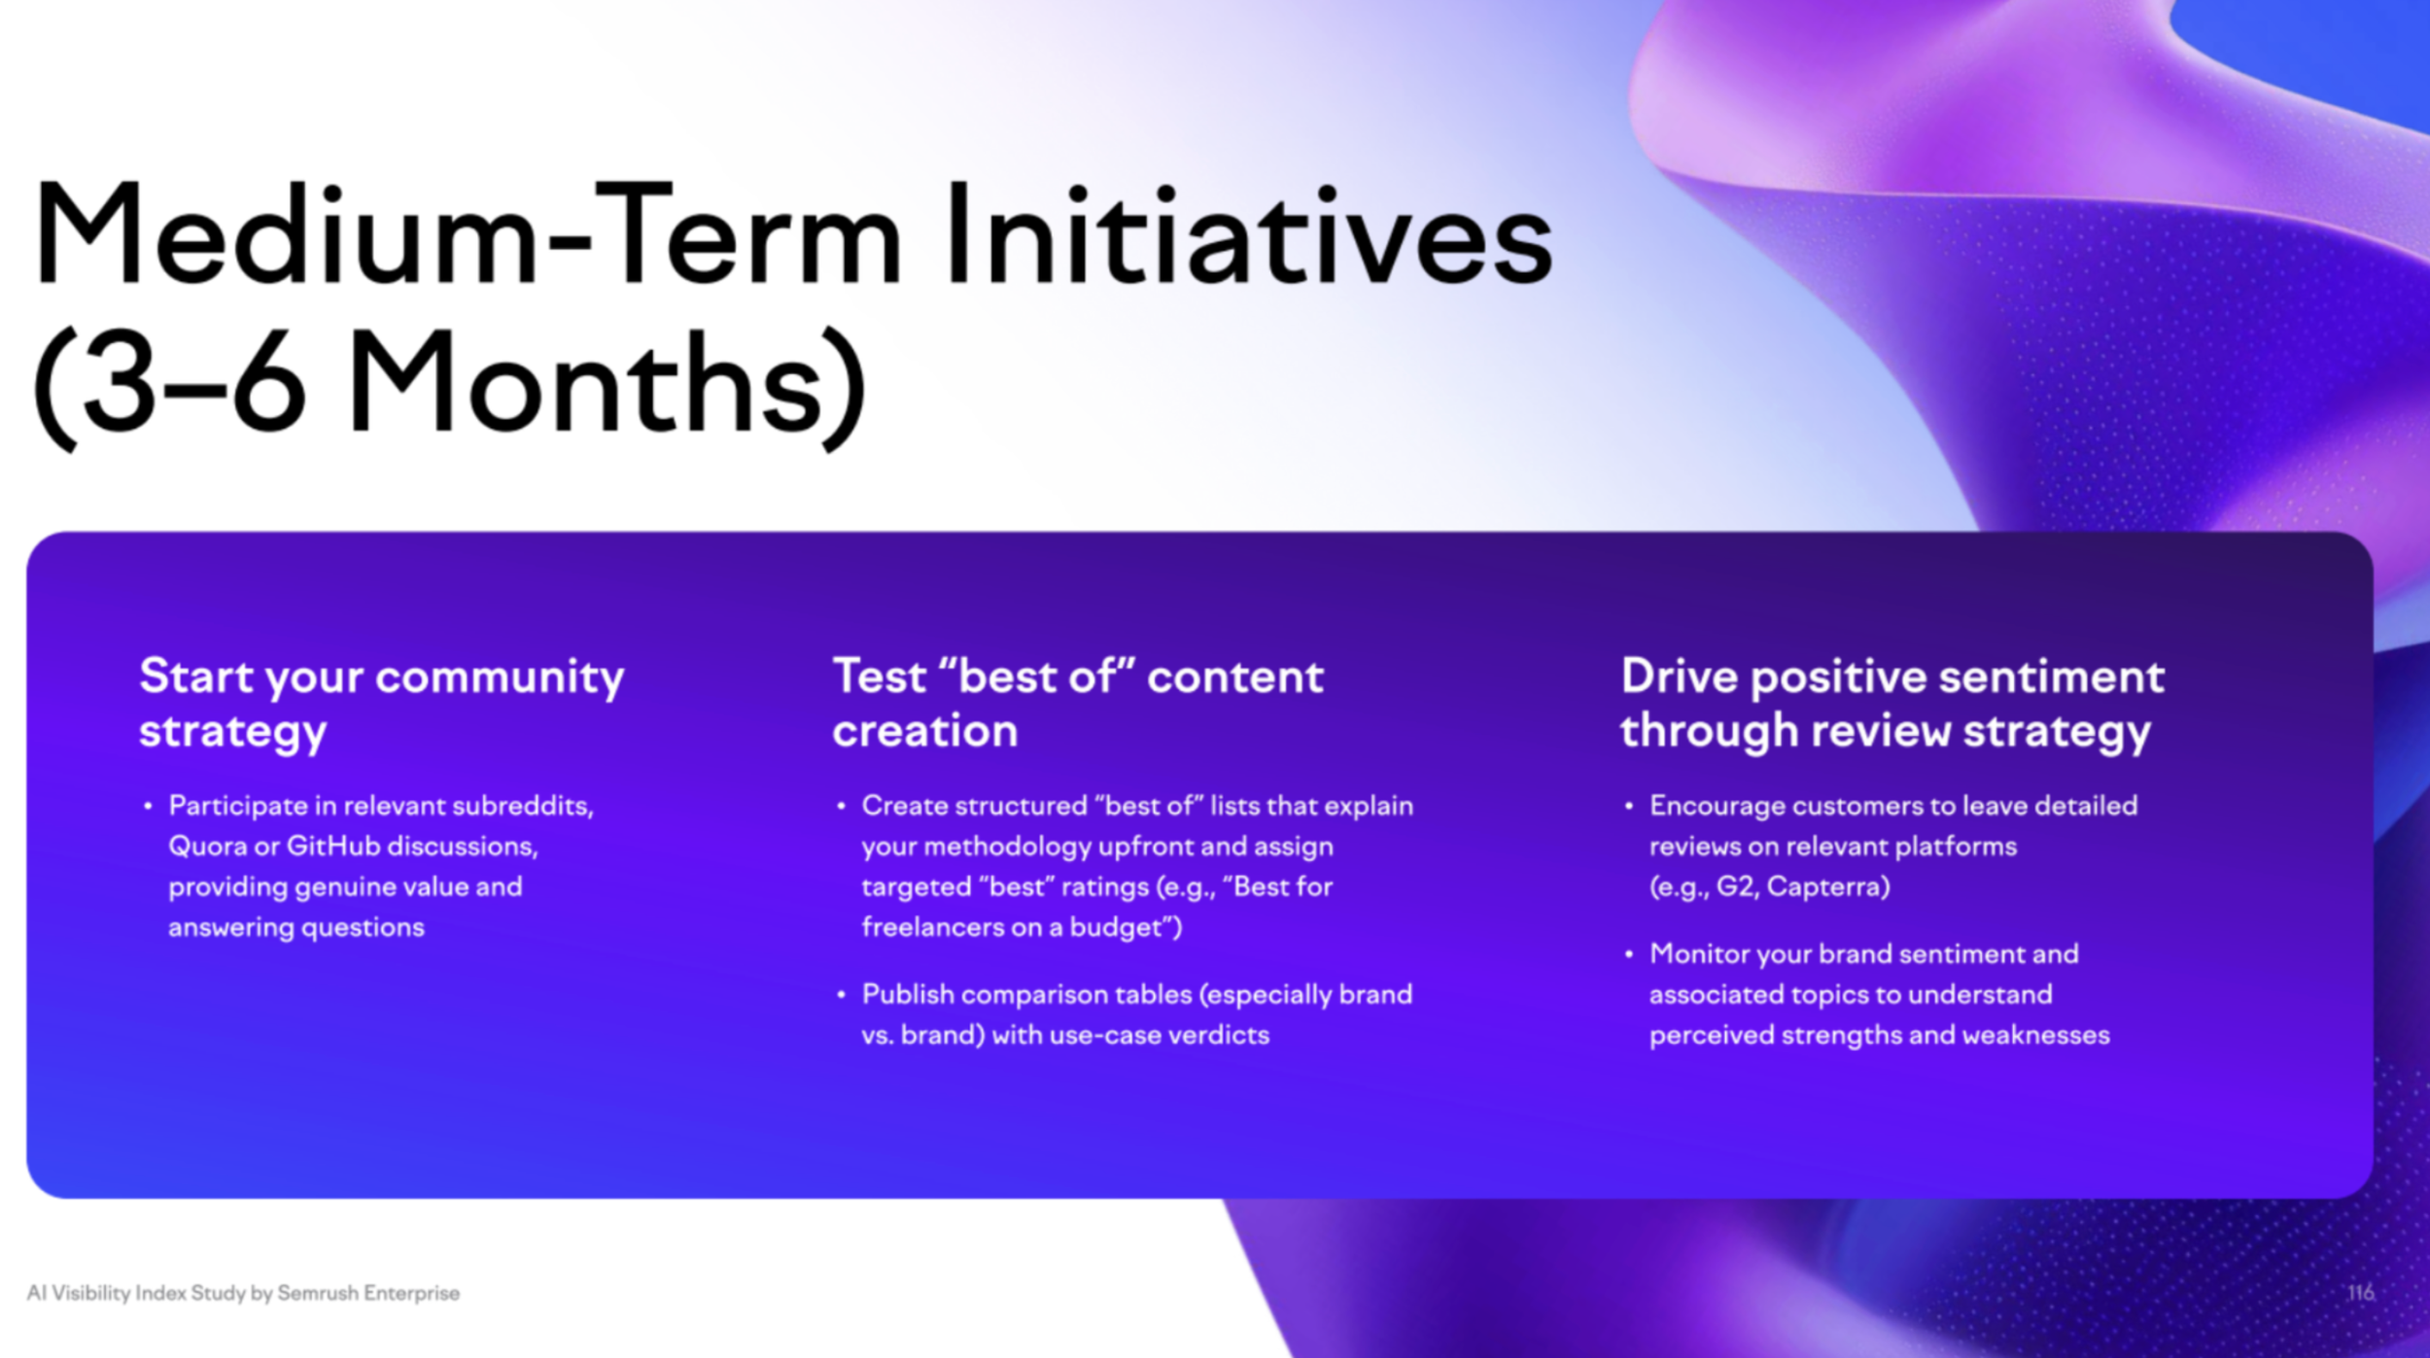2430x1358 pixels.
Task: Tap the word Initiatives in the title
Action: click(x=1249, y=234)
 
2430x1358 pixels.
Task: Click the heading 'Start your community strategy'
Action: click(x=382, y=704)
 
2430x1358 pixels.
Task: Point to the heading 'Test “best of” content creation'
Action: click(x=1078, y=704)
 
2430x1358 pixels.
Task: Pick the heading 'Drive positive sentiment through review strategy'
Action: click(x=1892, y=704)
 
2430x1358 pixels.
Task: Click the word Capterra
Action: click(x=1828, y=888)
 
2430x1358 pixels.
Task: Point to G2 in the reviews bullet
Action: click(x=1737, y=888)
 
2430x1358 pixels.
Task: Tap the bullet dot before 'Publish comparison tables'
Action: click(x=841, y=994)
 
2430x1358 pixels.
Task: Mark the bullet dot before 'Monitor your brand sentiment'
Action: click(x=1628, y=954)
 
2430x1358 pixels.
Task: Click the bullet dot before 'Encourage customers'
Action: click(x=1628, y=806)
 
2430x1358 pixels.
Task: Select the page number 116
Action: click(x=2361, y=1292)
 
